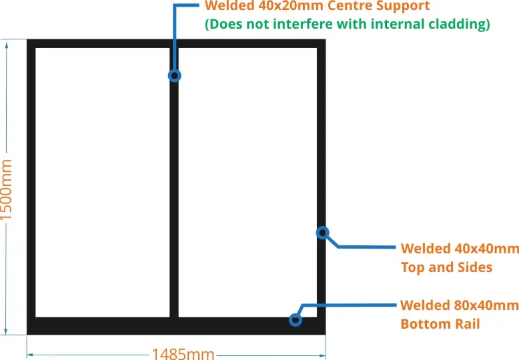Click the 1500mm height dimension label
click(7, 189)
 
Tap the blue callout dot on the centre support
click(175, 75)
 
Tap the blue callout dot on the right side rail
click(322, 233)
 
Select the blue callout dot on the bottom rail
click(296, 319)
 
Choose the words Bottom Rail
click(440, 324)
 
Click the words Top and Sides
click(446, 267)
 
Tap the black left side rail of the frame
click(31, 180)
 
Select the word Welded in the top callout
click(227, 7)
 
